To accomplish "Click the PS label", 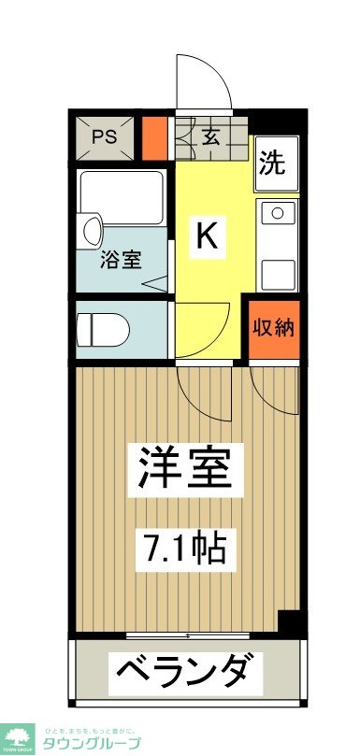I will point(104,137).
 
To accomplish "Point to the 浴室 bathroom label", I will point(122,259).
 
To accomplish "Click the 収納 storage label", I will point(272,328).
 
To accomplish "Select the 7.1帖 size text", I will point(184,545).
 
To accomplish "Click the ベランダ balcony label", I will point(183,671).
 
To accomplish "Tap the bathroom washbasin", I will point(92,229).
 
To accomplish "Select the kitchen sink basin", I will point(278,271).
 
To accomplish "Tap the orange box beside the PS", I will point(153,136).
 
